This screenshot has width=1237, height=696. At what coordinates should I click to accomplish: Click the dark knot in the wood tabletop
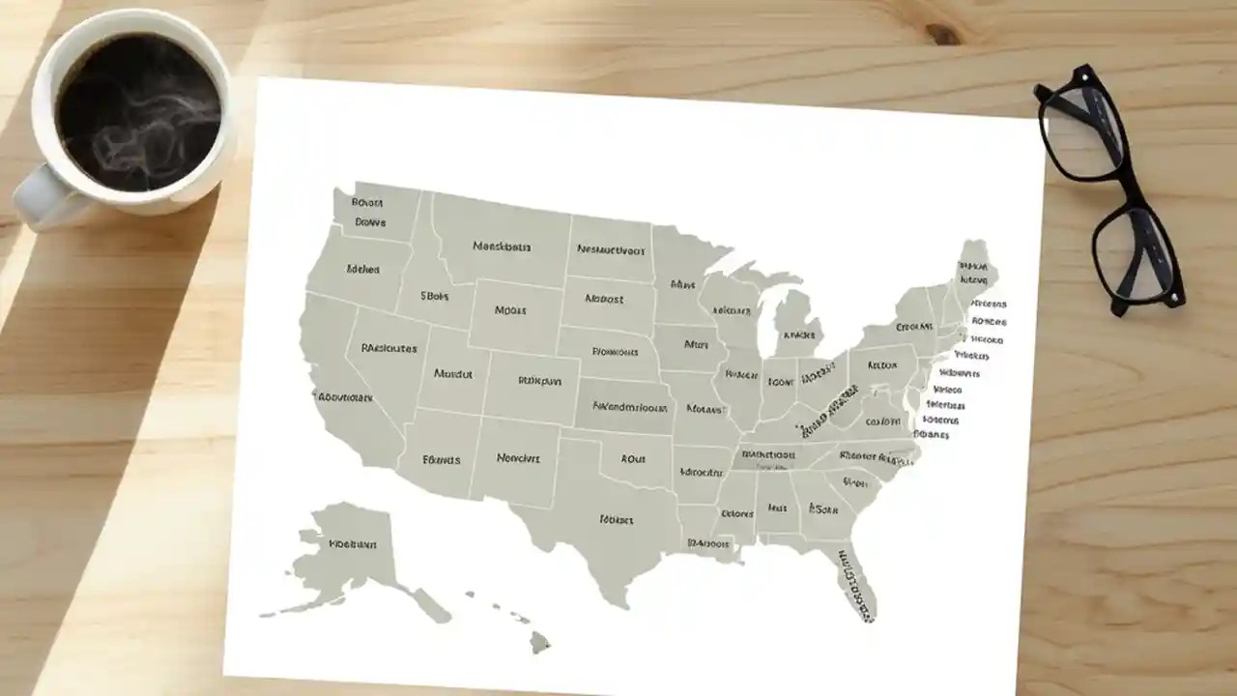point(943,34)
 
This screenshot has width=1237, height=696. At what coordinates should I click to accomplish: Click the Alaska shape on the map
point(343,556)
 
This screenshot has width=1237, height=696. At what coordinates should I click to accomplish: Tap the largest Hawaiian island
point(539,641)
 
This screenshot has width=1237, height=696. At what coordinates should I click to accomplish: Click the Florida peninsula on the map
point(857,580)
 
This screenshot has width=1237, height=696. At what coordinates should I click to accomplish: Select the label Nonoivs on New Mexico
point(518,458)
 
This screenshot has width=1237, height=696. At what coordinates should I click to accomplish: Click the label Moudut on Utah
point(452,373)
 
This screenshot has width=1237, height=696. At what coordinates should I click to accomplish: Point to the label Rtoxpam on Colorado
point(539,381)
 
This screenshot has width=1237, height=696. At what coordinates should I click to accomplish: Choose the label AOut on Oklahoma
point(633,459)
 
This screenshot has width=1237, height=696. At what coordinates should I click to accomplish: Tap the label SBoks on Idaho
point(435,296)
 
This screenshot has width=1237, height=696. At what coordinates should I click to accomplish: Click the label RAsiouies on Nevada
point(388,348)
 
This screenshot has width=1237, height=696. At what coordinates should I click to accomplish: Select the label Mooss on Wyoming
point(509,310)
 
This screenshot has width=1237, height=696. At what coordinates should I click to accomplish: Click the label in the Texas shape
point(616,519)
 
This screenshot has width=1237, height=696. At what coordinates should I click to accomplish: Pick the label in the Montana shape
point(502,246)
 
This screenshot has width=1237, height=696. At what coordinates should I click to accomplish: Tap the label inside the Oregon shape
point(362,270)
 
